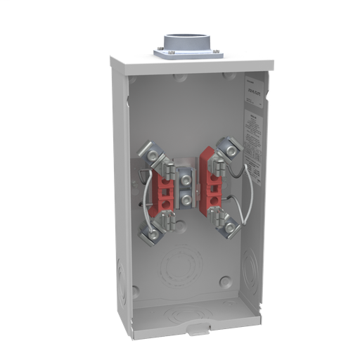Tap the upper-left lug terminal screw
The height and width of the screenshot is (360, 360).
tap(149, 150)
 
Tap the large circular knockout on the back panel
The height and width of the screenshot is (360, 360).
tap(179, 264)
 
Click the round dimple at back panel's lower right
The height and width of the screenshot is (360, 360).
tap(225, 282)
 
